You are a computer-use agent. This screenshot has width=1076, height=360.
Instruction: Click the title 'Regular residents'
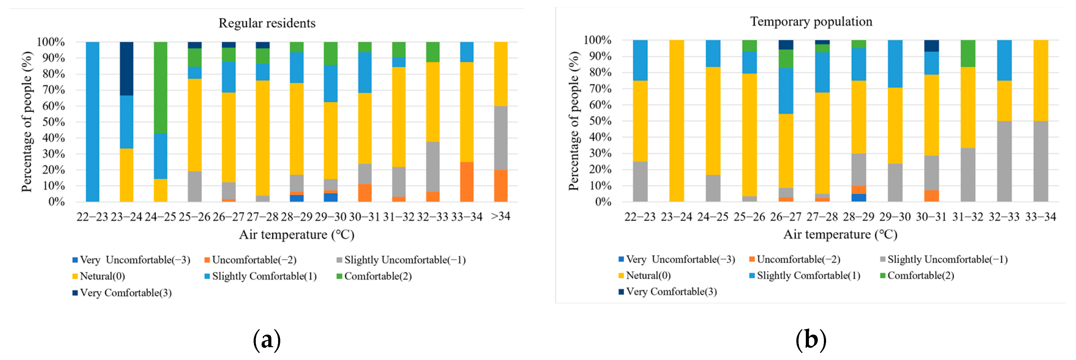click(267, 23)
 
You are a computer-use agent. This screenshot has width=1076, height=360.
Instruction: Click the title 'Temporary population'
click(811, 21)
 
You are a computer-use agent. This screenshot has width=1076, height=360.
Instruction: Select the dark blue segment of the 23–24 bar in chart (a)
click(127, 69)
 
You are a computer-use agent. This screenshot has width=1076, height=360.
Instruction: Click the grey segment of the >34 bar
click(501, 138)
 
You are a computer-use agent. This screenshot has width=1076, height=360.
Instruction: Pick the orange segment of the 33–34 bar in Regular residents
click(467, 182)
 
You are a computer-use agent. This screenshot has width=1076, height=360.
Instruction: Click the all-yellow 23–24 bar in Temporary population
click(676, 121)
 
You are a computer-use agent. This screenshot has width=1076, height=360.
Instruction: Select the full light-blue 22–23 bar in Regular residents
click(92, 121)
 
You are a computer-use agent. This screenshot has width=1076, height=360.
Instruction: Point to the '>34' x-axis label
click(501, 216)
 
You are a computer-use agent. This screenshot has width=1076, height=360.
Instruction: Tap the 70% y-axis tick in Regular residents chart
click(54, 90)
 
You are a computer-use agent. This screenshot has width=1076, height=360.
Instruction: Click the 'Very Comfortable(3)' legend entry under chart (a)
click(125, 293)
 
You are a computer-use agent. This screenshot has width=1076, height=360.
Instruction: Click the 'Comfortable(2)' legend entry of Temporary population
click(920, 276)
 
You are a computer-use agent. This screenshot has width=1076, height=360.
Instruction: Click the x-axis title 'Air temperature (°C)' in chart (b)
click(840, 234)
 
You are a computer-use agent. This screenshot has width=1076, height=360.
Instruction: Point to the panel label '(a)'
click(266, 340)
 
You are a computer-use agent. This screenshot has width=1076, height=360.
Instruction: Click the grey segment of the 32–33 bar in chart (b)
click(1004, 161)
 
